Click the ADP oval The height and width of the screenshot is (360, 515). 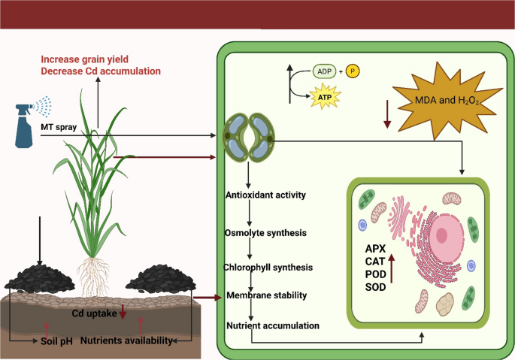pyautogui.click(x=324, y=72)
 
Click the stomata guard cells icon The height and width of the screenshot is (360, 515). pyautogui.click(x=249, y=137)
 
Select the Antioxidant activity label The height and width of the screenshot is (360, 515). pyautogui.click(x=265, y=196)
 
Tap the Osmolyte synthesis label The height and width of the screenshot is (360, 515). pyautogui.click(x=265, y=232)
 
